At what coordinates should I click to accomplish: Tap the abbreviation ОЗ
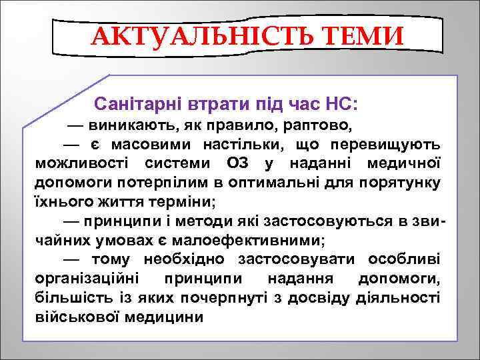[240, 163]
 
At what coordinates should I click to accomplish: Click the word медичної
[409, 163]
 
